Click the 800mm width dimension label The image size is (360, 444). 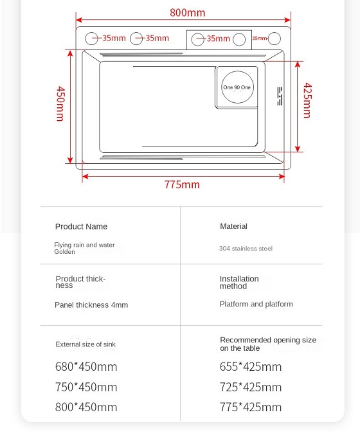(188, 13)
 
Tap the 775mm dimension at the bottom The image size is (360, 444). (182, 185)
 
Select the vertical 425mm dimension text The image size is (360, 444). (307, 100)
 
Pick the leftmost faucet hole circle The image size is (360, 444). (92, 39)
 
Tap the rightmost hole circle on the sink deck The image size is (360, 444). (274, 39)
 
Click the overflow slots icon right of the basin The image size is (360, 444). (280, 96)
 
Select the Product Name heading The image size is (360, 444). (81, 227)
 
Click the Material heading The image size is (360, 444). (233, 226)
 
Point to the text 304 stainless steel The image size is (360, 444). (246, 249)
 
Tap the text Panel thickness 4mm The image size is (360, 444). (91, 305)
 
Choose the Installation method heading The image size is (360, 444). (239, 283)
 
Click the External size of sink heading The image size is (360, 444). (85, 344)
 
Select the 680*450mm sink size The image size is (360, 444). (86, 368)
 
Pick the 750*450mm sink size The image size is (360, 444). (86, 387)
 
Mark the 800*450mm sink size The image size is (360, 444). (86, 407)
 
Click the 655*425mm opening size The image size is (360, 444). (251, 368)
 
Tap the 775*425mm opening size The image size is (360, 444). (251, 407)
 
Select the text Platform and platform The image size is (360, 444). (256, 305)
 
